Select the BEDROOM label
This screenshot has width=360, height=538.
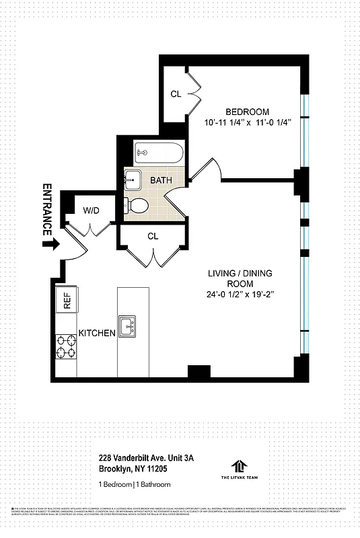(247, 112)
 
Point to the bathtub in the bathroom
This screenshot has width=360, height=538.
(158, 154)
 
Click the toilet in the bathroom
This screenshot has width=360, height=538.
(139, 204)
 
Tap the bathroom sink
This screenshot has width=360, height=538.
(133, 180)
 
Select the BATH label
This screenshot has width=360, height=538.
(161, 180)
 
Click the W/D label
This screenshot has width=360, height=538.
(91, 210)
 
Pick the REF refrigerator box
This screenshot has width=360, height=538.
(67, 299)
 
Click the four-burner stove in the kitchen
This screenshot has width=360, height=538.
(66, 348)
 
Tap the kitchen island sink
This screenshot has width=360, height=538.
(127, 326)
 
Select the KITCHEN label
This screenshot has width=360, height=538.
(98, 334)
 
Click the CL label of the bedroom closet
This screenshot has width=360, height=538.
(176, 94)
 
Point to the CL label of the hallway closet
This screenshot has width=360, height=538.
(153, 236)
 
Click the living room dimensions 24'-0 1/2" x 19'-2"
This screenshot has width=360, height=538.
(242, 295)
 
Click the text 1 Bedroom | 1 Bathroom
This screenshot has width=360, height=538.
(135, 484)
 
